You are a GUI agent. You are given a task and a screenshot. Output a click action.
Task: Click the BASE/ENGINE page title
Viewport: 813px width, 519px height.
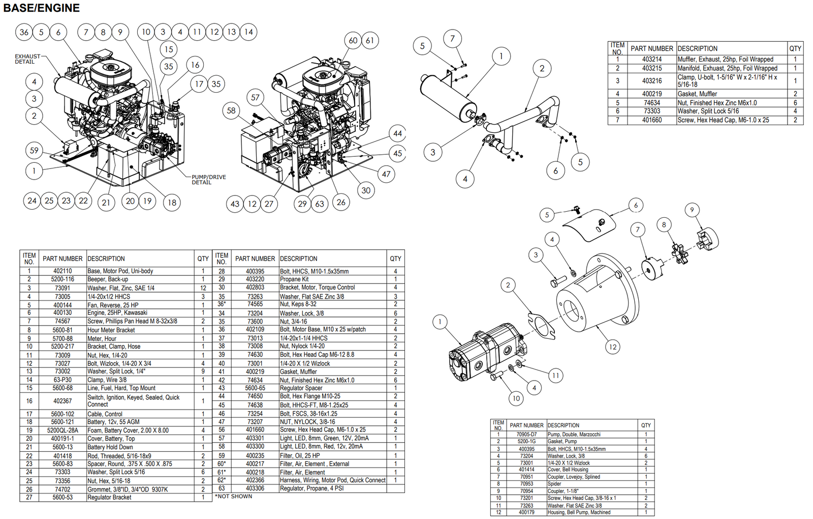[x=42, y=8]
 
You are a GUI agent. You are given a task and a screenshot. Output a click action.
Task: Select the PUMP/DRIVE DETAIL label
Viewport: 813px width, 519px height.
[x=208, y=180]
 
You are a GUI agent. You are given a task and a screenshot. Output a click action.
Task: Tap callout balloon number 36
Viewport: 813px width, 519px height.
[x=24, y=32]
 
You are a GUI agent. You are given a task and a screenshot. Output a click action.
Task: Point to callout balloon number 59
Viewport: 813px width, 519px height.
[x=34, y=150]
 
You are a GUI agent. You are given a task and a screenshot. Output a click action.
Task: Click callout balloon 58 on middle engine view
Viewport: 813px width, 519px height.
[x=231, y=110]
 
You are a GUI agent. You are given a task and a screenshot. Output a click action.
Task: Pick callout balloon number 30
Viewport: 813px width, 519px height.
[x=366, y=190]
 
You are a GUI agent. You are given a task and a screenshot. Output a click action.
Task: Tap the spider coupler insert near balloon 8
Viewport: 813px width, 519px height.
[x=679, y=253]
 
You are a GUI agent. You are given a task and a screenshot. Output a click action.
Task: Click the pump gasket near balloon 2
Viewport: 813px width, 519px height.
[x=541, y=326]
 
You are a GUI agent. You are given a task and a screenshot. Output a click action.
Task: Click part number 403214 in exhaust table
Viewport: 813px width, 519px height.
[x=651, y=60]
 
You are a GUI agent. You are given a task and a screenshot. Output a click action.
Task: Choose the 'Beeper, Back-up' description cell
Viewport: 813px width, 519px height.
[x=108, y=279]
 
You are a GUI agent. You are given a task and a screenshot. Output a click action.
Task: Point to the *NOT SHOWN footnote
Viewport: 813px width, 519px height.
[x=233, y=496]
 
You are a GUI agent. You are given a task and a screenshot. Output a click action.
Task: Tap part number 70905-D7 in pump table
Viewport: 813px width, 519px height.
[x=526, y=435]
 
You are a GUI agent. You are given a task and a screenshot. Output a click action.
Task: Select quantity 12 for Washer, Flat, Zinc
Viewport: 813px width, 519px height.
[x=203, y=288]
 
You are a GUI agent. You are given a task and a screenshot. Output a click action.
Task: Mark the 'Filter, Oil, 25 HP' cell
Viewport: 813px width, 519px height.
[x=300, y=455]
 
